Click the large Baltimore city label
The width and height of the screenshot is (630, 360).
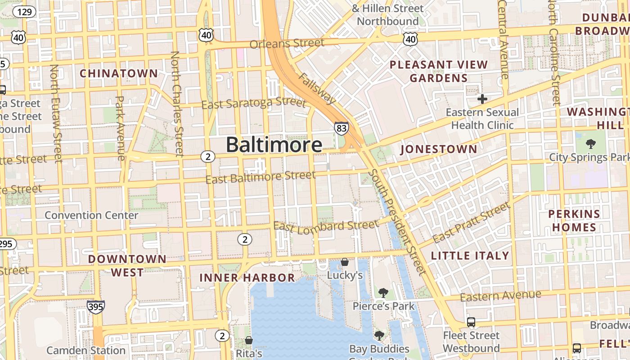click(x=274, y=145)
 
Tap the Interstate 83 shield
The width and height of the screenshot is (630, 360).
click(x=341, y=129)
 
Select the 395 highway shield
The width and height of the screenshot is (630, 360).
click(x=96, y=307)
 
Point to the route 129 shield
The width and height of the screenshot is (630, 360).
click(x=24, y=12)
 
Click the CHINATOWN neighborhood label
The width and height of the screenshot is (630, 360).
click(x=119, y=73)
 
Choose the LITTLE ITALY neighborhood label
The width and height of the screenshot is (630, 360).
click(x=470, y=256)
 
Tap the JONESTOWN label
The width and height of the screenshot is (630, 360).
click(x=438, y=149)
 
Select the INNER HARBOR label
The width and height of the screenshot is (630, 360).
click(x=247, y=277)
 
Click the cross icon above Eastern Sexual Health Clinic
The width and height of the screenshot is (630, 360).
click(x=482, y=99)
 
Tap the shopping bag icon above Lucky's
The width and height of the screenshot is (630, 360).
click(x=345, y=262)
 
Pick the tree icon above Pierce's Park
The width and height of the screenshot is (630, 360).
click(x=383, y=293)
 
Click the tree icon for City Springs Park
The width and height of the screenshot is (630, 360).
click(x=591, y=144)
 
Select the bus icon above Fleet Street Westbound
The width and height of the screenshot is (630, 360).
click(x=471, y=322)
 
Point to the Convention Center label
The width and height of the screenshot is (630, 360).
click(x=91, y=215)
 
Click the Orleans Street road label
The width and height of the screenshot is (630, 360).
click(x=287, y=44)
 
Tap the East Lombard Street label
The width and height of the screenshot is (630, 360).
click(x=326, y=226)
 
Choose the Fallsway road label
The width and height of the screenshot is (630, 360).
click(x=317, y=88)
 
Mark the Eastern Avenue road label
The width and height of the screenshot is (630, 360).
click(x=500, y=296)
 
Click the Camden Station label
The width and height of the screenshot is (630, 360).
click(x=86, y=350)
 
